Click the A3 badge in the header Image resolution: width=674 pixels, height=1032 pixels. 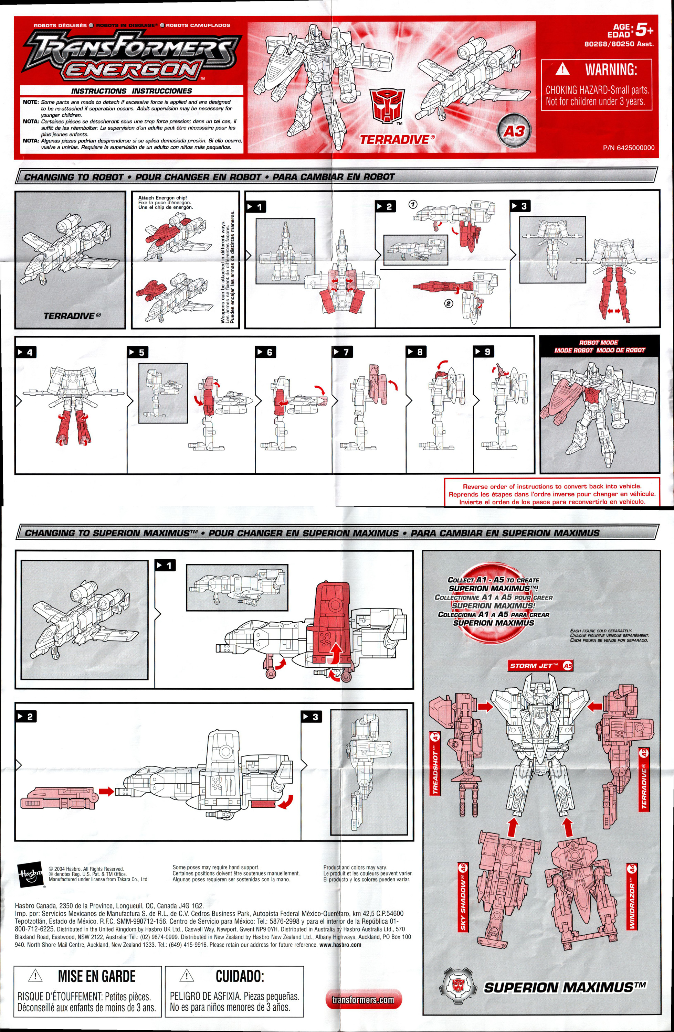pyautogui.click(x=514, y=131)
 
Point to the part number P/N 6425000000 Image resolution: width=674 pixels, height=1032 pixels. pyautogui.click(x=628, y=148)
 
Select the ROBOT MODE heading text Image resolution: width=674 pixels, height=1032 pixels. pyautogui.click(x=599, y=343)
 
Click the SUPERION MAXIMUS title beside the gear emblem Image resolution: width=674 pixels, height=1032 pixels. pyautogui.click(x=564, y=988)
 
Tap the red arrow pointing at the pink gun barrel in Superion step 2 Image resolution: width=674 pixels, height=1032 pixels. pyautogui.click(x=106, y=792)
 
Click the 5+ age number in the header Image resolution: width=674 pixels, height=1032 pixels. pyautogui.click(x=644, y=30)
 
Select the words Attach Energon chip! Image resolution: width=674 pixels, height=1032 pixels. pyautogui.click(x=162, y=198)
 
